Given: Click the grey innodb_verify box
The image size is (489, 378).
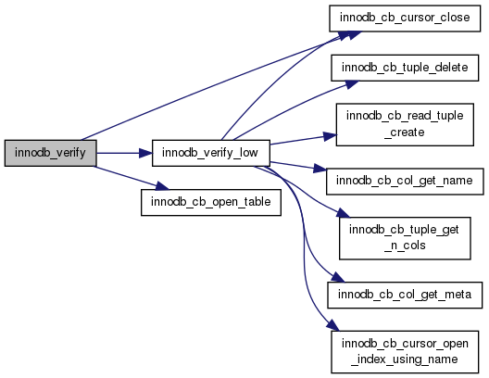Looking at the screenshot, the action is coord(51,153).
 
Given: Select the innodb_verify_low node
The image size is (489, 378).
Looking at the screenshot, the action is coord(211,153).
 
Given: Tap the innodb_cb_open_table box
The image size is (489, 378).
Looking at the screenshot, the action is coord(211,202).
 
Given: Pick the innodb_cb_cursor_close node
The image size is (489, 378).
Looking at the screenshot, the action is coord(405,19).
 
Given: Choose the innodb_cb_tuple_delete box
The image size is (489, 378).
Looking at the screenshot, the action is coord(405,68).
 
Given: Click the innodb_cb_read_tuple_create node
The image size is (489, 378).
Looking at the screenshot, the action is coord(405,124).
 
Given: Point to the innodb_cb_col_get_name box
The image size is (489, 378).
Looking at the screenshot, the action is coord(405,182).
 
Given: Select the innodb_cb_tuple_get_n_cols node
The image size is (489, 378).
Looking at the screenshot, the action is coord(405,238).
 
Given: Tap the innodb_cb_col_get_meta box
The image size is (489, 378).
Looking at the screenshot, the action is coord(405,295).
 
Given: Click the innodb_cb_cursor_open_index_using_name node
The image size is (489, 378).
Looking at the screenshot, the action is coord(405,352).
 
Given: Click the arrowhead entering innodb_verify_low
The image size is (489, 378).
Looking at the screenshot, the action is coord(145,153).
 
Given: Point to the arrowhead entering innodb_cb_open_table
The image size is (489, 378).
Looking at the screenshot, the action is coord(162,186).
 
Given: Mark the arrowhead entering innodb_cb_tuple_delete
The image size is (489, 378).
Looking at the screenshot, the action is coord(352,84).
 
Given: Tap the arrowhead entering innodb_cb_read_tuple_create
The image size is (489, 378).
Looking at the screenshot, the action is coord(330,136).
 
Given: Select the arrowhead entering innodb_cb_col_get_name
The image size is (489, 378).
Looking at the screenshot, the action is coord(320,169).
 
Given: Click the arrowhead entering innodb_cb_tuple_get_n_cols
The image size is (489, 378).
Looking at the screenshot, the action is coord(343,213).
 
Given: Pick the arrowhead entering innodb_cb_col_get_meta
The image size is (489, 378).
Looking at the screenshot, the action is coord(338,277).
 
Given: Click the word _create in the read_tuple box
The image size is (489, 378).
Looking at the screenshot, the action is coord(405,132).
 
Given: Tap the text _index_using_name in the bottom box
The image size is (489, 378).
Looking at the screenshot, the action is coord(405,359).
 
